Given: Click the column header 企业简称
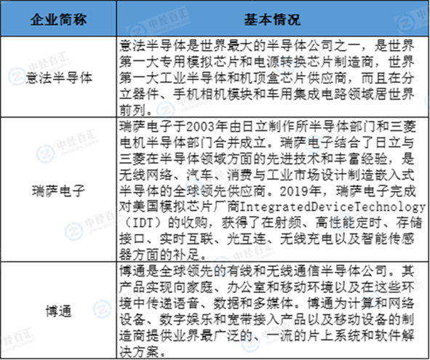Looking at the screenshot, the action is (58, 20).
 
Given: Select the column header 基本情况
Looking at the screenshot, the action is (272, 20).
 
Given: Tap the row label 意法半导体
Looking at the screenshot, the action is (59, 78).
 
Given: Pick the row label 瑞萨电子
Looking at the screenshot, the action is (58, 191).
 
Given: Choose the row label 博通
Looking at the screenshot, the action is (59, 311).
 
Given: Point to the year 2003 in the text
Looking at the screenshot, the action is (200, 127).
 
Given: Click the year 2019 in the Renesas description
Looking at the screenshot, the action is (293, 191).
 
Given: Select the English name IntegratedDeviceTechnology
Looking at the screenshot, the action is (333, 207).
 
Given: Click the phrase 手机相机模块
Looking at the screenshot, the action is (213, 95).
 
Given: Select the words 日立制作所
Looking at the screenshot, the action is (274, 127).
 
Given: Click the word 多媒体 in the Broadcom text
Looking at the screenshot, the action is (274, 303).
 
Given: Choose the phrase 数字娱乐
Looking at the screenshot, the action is (186, 319).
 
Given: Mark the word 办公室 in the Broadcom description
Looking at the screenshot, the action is (247, 287).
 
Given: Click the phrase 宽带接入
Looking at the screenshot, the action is (253, 319).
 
